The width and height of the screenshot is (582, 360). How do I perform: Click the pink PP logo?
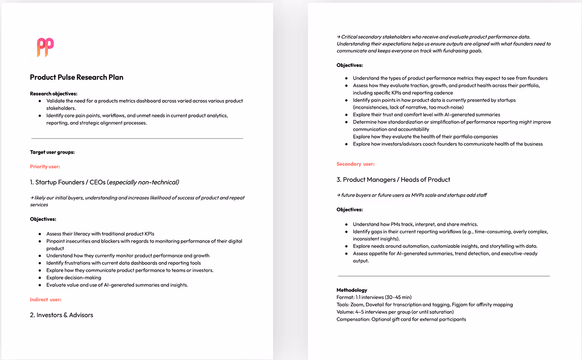(45, 48)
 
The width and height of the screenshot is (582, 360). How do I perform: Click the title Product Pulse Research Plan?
(77, 77)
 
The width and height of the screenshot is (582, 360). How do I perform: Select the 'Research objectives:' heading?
(54, 93)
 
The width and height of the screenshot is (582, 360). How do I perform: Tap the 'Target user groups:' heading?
(52, 152)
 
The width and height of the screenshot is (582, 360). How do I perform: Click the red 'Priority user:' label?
(45, 166)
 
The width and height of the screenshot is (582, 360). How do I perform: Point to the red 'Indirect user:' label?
(46, 299)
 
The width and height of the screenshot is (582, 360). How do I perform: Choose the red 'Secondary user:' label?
(356, 164)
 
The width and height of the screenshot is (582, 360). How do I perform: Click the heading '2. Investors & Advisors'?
(61, 315)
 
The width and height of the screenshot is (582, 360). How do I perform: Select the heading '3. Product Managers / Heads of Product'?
(393, 180)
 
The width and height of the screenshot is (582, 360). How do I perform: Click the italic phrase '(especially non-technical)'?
(143, 182)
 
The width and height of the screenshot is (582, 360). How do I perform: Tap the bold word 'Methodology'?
(352, 290)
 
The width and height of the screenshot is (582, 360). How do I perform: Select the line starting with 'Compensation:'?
(401, 319)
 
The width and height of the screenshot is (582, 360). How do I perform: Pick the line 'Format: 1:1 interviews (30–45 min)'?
(374, 297)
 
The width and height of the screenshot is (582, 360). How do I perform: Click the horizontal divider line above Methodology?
(444, 276)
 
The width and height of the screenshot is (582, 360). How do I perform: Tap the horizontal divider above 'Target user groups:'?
(137, 138)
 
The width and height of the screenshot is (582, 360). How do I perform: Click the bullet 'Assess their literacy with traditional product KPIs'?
(100, 234)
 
